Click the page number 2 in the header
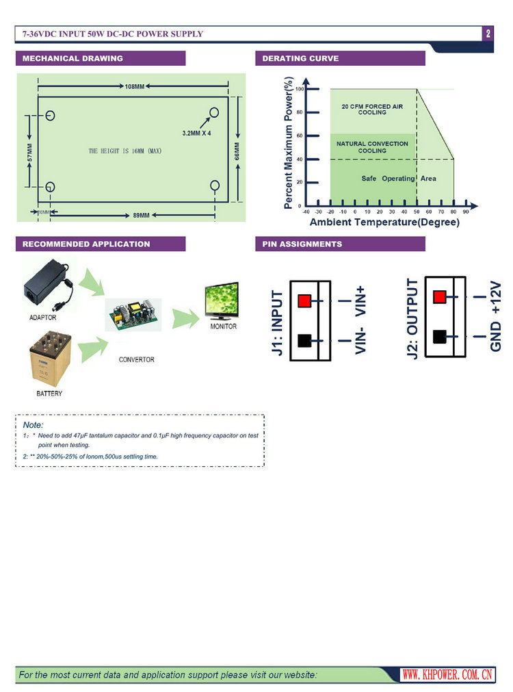pyautogui.click(x=488, y=34)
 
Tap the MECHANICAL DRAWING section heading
pyautogui.click(x=73, y=59)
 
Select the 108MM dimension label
pyautogui.click(x=135, y=87)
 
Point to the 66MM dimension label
pyautogui.click(x=237, y=151)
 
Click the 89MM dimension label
pyautogui.click(x=140, y=216)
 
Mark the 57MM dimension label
pyautogui.click(x=29, y=152)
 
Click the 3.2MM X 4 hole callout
pyautogui.click(x=196, y=133)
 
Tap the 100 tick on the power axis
pyautogui.click(x=299, y=89)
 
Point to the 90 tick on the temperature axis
pyautogui.click(x=466, y=212)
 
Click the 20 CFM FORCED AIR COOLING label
pyautogui.click(x=372, y=110)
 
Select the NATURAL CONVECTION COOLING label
pyautogui.click(x=372, y=147)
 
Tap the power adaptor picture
pyautogui.click(x=48, y=286)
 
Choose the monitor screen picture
pyautogui.click(x=219, y=303)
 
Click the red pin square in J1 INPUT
pyautogui.click(x=304, y=300)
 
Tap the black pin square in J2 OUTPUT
pyautogui.click(x=440, y=337)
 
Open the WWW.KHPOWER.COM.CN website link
pyautogui.click(x=447, y=675)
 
